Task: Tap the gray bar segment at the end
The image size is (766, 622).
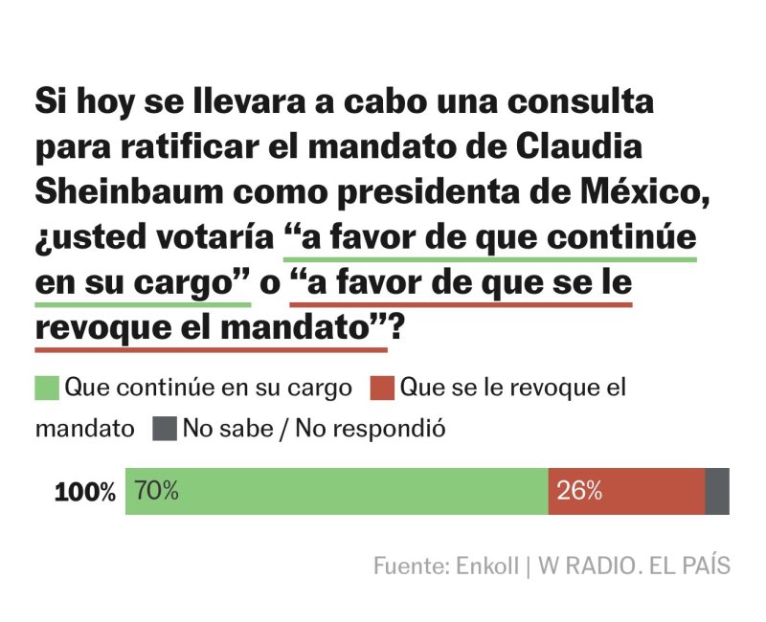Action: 717,492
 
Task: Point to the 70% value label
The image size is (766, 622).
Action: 156,492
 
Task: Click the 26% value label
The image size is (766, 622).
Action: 579,492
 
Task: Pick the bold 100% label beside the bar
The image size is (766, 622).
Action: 85,493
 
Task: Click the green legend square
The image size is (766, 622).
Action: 47,389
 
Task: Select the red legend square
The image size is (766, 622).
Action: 383,389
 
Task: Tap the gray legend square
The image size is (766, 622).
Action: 165,429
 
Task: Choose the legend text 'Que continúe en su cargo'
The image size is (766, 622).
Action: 208,389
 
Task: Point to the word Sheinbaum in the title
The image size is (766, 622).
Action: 128,190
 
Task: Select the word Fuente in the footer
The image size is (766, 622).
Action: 407,566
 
